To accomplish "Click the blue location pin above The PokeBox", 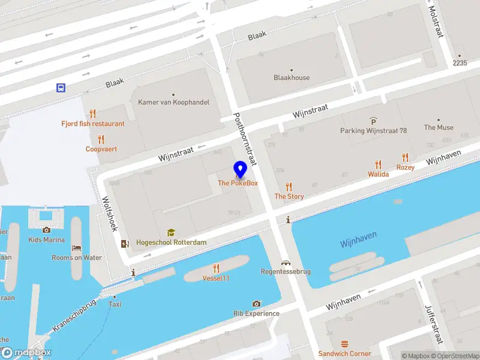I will [240, 169].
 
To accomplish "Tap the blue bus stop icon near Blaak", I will [61, 88].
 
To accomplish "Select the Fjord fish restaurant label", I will [93, 124].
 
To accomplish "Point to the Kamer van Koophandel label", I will [173, 102].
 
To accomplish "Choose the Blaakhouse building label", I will [292, 77].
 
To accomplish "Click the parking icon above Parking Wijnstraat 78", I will [373, 121].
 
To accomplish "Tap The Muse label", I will [439, 127].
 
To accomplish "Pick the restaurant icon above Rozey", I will [406, 158].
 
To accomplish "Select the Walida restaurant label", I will [378, 174].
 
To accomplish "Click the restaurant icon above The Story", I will [289, 187].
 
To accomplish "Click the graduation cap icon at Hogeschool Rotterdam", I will [171, 233].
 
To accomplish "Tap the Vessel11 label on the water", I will [216, 278].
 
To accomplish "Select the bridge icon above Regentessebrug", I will [286, 262].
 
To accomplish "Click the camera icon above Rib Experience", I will [257, 304].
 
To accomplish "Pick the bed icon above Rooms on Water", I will [76, 248].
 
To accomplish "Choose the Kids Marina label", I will [46, 239].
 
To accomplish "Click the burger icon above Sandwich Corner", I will [344, 344].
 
